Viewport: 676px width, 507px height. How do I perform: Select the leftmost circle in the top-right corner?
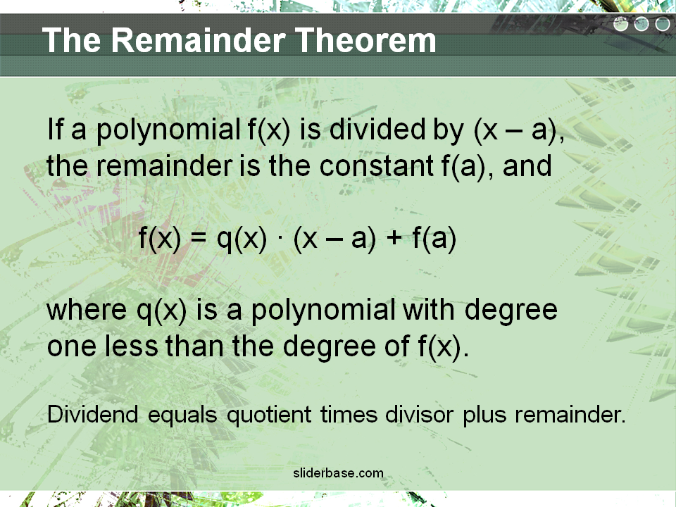pos(621,24)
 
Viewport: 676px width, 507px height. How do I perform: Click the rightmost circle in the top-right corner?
pos(662,24)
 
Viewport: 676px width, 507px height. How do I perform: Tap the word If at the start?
pos(55,129)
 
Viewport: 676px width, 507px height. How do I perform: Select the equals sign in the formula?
pos(198,239)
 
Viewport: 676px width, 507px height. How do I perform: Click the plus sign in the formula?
pos(394,239)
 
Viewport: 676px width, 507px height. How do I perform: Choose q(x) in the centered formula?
pos(242,239)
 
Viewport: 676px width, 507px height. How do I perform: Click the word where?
pos(87,310)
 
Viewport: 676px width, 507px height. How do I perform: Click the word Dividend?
pos(93,414)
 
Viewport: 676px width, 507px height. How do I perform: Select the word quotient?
pos(269,415)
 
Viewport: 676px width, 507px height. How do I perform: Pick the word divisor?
pos(419,414)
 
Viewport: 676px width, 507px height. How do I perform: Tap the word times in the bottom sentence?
pos(349,414)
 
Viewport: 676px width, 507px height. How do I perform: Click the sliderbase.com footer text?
pos(339,473)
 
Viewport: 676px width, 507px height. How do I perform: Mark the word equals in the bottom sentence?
pos(182,415)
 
